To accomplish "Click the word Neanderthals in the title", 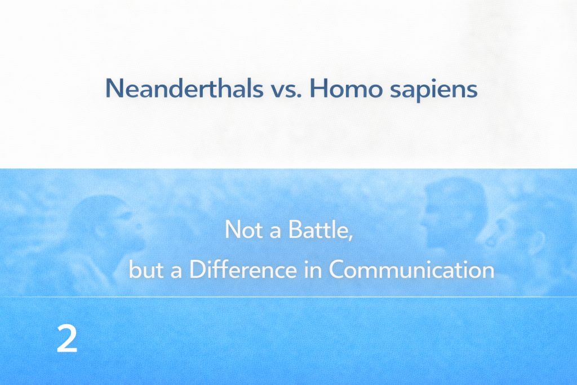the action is coord(184,88).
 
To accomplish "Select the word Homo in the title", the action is coord(347,88).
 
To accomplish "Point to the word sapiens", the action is coord(433,91).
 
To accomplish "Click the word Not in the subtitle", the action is coord(243,229).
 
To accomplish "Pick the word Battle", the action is coord(318,229).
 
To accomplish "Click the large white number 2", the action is coord(67,339).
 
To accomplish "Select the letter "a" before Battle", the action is coord(276,232).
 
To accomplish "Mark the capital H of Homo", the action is coord(319,88).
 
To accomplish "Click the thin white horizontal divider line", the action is coord(288,297).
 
